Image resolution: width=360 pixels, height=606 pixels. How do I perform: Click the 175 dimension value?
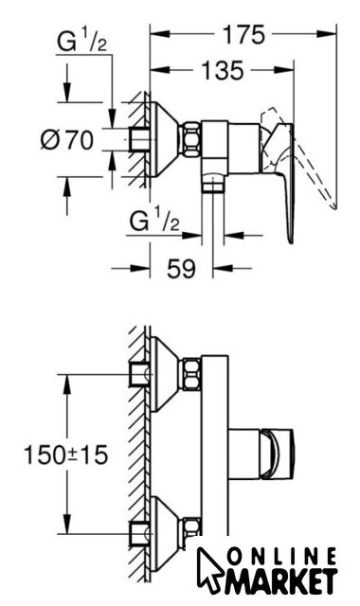(243, 35)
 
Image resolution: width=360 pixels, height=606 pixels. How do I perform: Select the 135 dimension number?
(223, 71)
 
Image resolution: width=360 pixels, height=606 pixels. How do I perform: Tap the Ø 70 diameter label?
(67, 139)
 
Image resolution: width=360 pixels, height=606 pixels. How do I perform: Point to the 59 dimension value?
(181, 268)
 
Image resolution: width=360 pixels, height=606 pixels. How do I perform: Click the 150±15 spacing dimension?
(65, 454)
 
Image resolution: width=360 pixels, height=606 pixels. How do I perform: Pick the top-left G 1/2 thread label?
(81, 42)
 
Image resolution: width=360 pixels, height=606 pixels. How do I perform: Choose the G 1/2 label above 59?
(154, 223)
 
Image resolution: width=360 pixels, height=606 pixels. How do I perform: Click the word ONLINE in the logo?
(282, 558)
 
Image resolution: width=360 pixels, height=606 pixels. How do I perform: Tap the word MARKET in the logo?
(279, 582)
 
